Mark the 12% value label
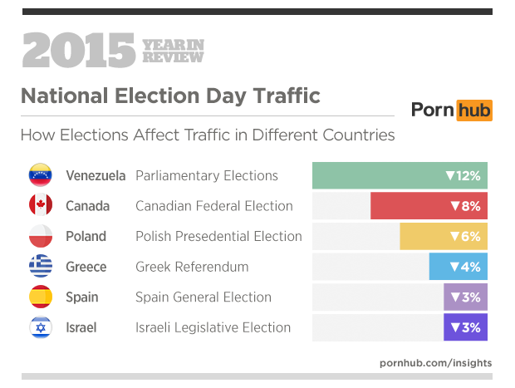[463, 176]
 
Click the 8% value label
[465, 206]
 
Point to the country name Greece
[86, 267]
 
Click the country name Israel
[81, 327]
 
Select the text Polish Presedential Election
[218, 237]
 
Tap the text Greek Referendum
[192, 267]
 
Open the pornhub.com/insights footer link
[435, 362]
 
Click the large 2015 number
[78, 52]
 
